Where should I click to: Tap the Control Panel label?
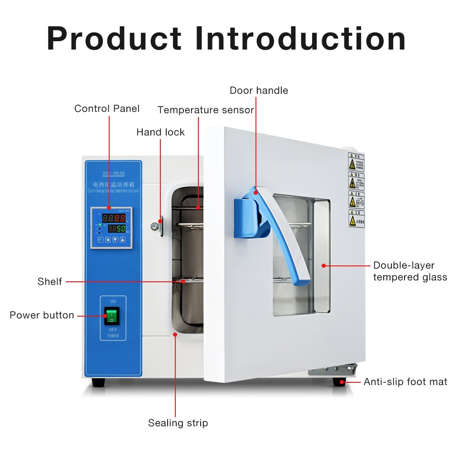coord(107,109)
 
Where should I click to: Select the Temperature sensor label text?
coord(206,110)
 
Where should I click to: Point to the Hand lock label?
coord(160,132)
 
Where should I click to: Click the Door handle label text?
coord(259,91)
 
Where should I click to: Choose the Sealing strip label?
coord(178,423)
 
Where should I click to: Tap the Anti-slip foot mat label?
coord(405,382)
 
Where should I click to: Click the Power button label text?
coord(42,315)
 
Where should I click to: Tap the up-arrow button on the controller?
coord(122,240)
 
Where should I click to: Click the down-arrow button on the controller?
coord(115,240)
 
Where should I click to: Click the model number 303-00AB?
coord(112,173)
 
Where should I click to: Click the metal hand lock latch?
coord(158,226)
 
